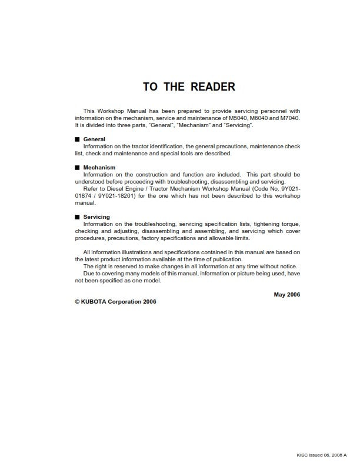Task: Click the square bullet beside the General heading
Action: pyautogui.click(x=76, y=139)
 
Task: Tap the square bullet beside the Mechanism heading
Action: pyautogui.click(x=76, y=168)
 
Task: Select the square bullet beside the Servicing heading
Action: pyautogui.click(x=76, y=217)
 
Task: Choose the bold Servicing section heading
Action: pyautogui.click(x=96, y=217)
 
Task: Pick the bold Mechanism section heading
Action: pyautogui.click(x=99, y=168)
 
